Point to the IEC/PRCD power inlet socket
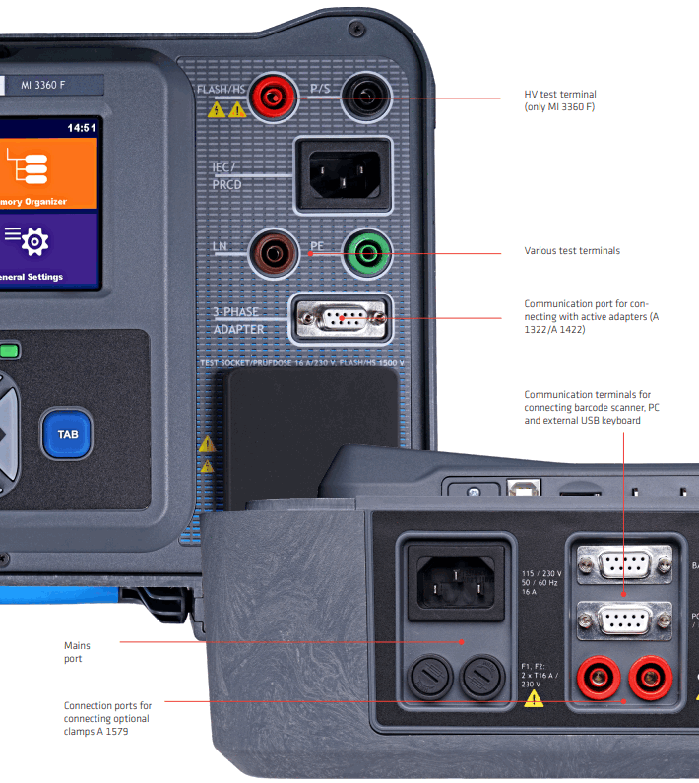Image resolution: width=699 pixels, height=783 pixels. click(x=343, y=173)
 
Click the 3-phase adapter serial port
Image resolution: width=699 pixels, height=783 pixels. click(x=341, y=319)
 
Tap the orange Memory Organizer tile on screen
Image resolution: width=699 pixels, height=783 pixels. click(x=48, y=173)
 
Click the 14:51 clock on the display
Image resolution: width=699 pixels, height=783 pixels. click(x=81, y=128)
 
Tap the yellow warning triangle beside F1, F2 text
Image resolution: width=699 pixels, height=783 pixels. click(x=534, y=699)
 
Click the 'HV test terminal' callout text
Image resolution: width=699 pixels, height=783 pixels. click(x=560, y=100)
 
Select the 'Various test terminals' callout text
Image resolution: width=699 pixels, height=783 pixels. click(x=572, y=251)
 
